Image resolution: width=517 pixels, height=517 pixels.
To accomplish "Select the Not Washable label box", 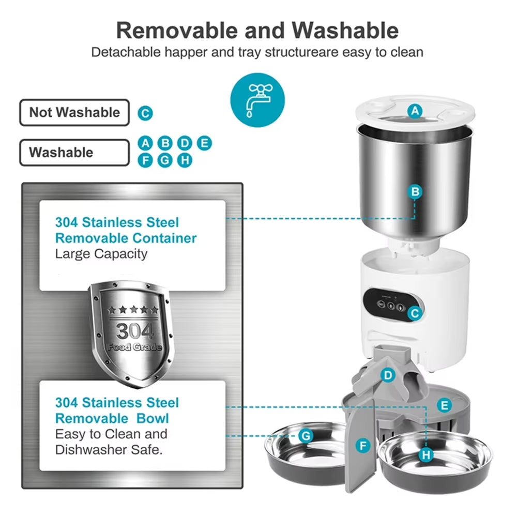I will coord(74,112).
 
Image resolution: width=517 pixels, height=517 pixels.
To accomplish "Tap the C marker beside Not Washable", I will coord(146,113).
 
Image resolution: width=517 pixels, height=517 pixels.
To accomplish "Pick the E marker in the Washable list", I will coord(204,143).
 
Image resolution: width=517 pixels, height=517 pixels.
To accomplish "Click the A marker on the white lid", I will coord(415,111).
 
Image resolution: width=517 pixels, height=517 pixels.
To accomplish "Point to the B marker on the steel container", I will coord(415,192).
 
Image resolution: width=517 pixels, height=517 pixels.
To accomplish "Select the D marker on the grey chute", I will coord(388,375).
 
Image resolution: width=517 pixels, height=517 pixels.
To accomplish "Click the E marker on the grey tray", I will coord(444,405).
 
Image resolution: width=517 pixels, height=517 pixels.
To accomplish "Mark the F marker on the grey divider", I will coord(363,445).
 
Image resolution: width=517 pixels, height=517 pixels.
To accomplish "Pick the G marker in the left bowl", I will coord(307,436).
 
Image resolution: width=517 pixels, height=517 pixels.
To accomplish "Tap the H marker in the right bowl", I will coord(426,455).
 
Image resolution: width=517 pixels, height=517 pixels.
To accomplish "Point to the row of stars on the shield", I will coord(133,310).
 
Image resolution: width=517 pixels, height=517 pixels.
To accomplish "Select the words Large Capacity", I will coord(101,254).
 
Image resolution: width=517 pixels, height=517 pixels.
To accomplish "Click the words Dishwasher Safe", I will coord(109,449).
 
